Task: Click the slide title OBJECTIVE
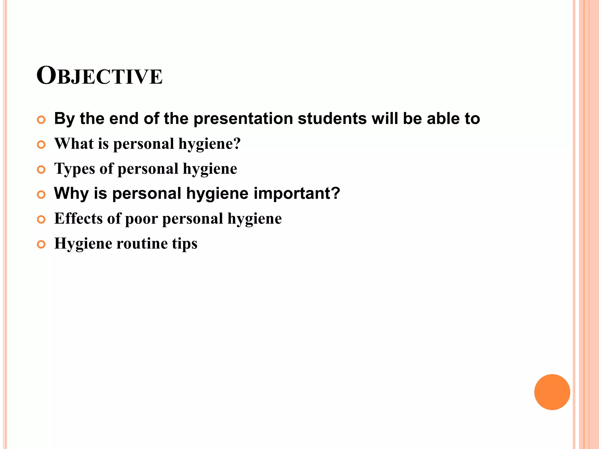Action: coord(99,76)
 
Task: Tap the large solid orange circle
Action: coord(552,392)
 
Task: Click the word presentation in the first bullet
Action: coord(243,119)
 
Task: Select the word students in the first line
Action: coord(332,119)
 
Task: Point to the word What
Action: coord(74,144)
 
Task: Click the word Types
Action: coord(75,169)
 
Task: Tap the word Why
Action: coord(71,194)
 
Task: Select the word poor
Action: coord(141,219)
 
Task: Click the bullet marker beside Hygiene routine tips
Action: coord(41,244)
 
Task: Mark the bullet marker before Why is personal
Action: coord(41,194)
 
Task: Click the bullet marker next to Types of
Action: coord(41,170)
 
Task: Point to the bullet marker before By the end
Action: coord(41,120)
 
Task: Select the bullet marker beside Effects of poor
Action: coord(41,220)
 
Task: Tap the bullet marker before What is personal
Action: coord(41,144)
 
